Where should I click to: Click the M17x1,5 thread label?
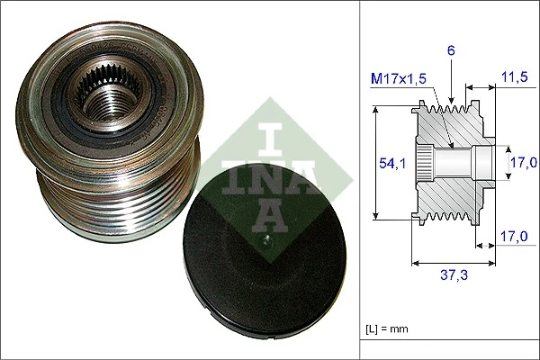click(398, 79)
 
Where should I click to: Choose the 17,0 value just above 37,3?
click(514, 238)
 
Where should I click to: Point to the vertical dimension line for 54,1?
click(374, 162)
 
